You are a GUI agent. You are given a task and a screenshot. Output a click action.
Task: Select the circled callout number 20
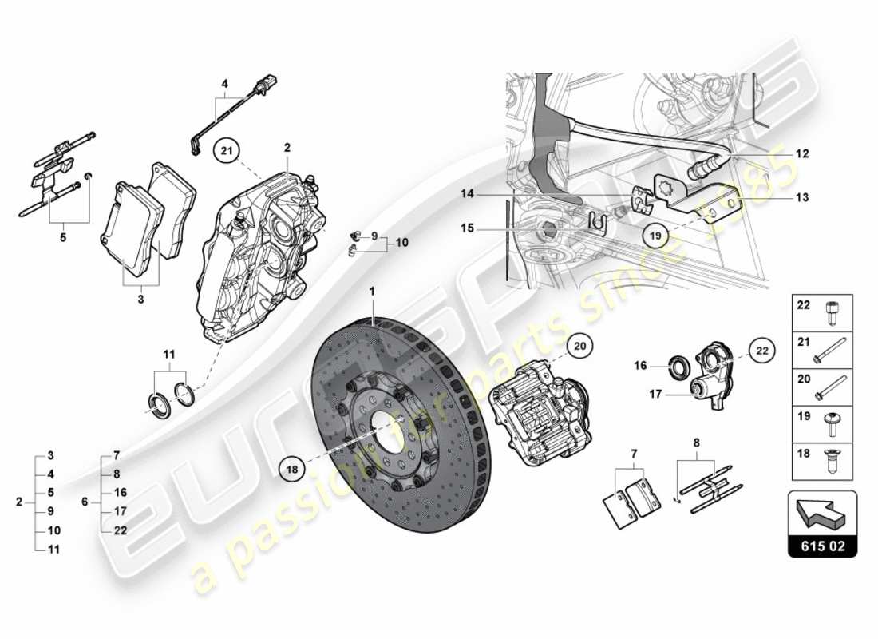point(581,344)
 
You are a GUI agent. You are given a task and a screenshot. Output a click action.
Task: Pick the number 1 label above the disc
point(372,293)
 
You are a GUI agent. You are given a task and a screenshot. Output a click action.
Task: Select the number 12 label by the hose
point(802,154)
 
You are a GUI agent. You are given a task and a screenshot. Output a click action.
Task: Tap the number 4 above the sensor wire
point(225,84)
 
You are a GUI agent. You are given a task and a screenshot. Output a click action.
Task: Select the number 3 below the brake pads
point(140,300)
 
